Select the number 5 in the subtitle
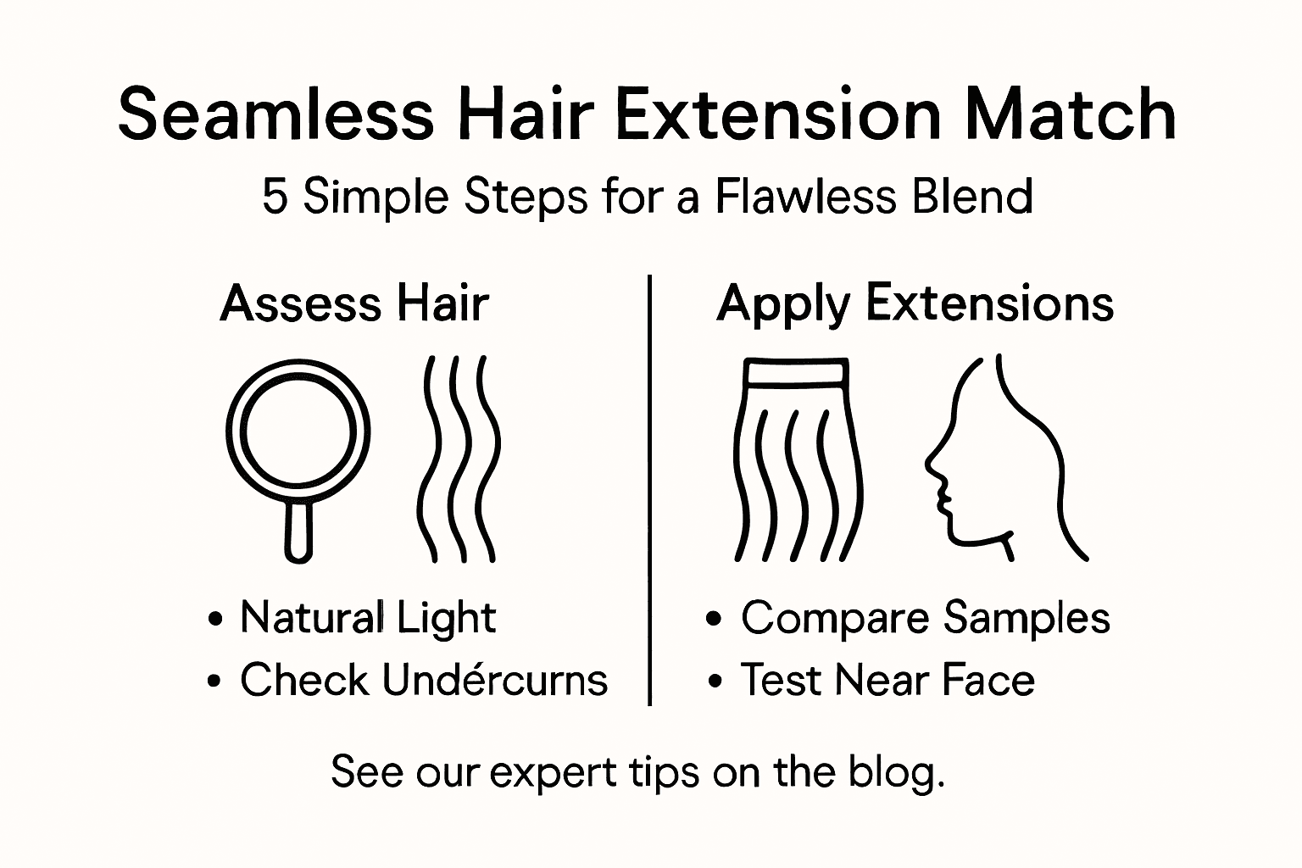[274, 197]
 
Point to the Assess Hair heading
[354, 303]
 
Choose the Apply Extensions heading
[915, 303]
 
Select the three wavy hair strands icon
[458, 458]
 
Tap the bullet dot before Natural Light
[215, 619]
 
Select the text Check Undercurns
[423, 680]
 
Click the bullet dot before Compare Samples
[715, 619]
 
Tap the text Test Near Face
[887, 680]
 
